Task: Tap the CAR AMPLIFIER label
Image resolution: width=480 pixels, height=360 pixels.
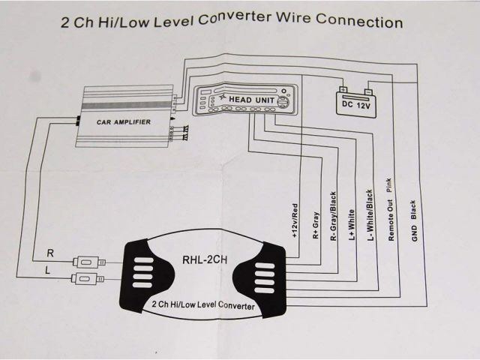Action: point(123,121)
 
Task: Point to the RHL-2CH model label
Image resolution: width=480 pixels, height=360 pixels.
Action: point(204,262)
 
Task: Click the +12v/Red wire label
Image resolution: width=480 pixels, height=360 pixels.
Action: point(294,220)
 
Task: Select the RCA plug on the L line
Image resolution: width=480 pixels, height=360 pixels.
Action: point(87,279)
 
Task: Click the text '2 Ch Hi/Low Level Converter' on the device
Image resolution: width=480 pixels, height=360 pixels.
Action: point(202,305)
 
